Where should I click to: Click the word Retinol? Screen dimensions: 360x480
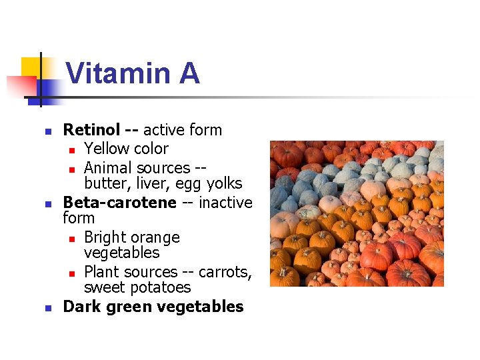[91, 130]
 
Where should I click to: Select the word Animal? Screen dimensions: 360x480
[108, 167]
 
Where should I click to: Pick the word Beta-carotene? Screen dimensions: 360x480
[119, 202]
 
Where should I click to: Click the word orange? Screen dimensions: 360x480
[153, 237]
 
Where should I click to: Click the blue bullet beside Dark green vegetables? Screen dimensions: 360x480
[46, 308]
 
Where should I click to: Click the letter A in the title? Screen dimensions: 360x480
[189, 73]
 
